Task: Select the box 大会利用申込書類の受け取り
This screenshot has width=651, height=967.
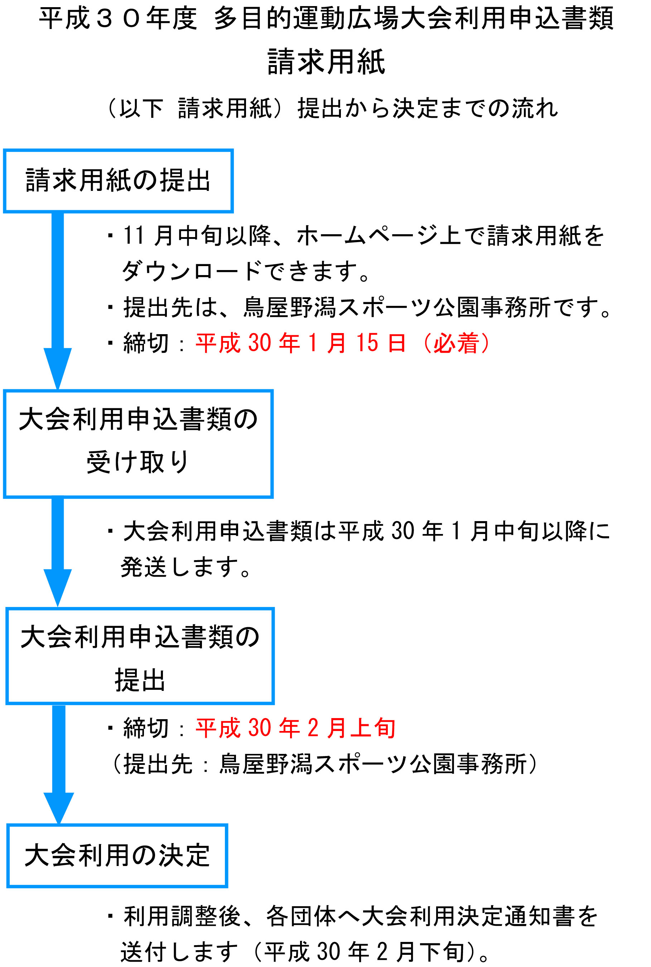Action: point(138,391)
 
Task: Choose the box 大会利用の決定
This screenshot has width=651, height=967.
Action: point(117,826)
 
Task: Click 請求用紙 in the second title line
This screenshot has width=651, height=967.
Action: point(326,62)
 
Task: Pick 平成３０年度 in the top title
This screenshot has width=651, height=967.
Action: point(118,19)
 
